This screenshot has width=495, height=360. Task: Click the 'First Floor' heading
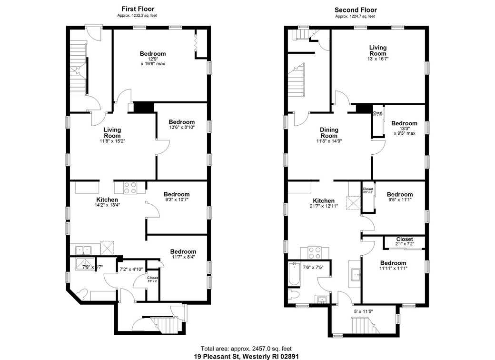point(138,9)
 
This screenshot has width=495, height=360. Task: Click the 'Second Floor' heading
point(355,10)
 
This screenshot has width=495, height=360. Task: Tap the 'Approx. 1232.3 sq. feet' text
point(138,16)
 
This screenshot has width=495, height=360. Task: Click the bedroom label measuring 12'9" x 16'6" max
point(152,58)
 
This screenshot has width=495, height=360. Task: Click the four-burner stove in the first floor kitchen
point(130,188)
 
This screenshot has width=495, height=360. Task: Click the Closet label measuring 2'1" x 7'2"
point(404,241)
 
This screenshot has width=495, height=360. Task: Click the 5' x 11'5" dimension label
point(362,312)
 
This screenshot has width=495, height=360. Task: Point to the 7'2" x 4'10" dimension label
point(130,269)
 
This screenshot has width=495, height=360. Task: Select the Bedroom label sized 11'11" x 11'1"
point(393,265)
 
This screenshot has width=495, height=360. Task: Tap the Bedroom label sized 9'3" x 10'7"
point(176,197)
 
